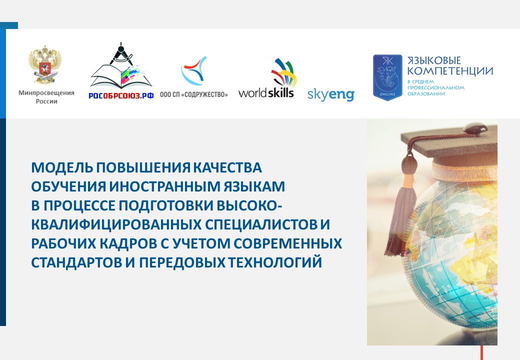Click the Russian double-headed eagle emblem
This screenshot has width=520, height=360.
click(45, 65)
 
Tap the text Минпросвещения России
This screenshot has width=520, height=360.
click(46, 97)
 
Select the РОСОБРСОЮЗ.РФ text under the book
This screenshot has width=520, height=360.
click(121, 96)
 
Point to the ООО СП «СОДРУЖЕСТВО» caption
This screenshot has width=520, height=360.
click(193, 95)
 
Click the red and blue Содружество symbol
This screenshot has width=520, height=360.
click(193, 70)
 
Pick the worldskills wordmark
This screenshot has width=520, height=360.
click(266, 93)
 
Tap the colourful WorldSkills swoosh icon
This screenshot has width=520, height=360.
click(283, 72)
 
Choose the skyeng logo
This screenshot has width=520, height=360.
click(330, 95)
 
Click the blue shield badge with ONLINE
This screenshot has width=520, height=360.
click(387, 77)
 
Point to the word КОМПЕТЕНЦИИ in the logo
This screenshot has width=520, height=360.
click(450, 71)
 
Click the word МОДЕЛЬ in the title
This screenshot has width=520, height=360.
click(62, 167)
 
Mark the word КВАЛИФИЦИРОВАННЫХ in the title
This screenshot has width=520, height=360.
click(116, 225)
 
